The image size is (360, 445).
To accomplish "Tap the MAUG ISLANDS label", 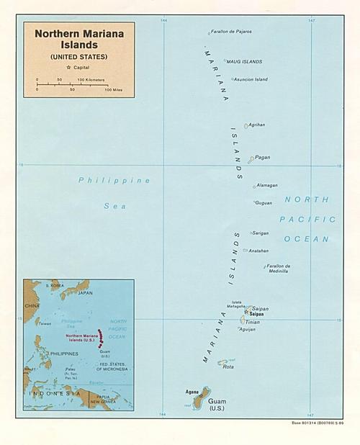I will (245, 62).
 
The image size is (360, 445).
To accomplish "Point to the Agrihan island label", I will (257, 125).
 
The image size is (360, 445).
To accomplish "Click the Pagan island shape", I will (251, 160).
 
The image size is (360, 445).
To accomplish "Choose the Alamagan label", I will (267, 185).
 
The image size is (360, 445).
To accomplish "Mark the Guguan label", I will (264, 203).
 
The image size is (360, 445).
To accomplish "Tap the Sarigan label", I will (261, 233).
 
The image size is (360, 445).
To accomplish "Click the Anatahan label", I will (259, 251).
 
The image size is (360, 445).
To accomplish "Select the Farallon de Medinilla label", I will (278, 269).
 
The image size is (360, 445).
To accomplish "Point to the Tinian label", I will (253, 322).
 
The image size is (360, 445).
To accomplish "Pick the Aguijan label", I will (248, 329).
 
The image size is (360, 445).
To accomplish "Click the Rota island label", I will (228, 367).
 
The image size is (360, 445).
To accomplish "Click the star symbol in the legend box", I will (68, 67).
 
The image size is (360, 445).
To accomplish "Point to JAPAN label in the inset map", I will (85, 293).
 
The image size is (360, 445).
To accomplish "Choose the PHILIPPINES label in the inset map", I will (63, 354).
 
